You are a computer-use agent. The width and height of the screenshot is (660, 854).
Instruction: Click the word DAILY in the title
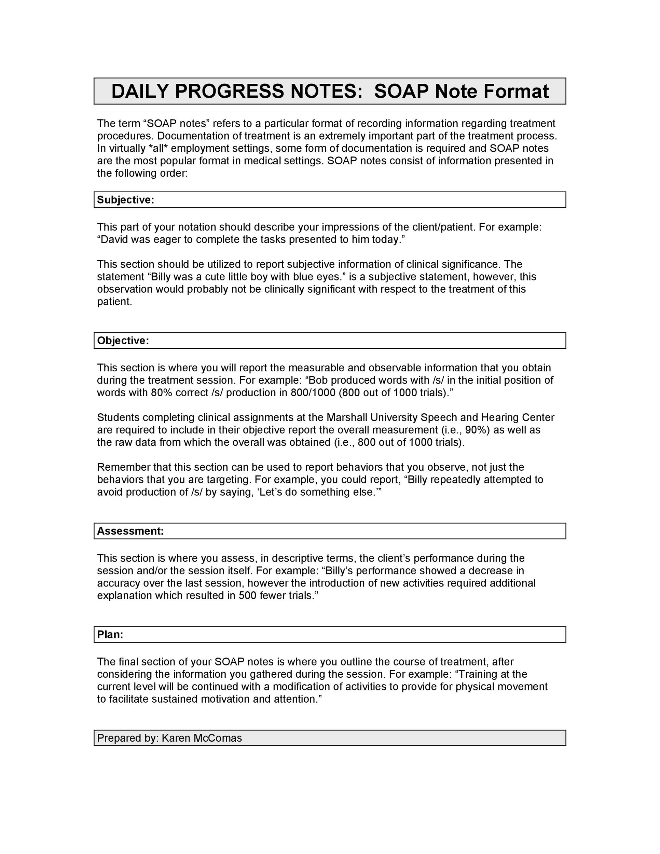click(140, 92)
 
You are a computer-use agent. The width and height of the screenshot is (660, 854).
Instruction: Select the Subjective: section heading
click(125, 200)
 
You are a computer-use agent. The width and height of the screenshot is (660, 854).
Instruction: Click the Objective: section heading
click(123, 341)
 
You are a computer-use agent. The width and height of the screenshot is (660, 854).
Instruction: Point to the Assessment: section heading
click(130, 531)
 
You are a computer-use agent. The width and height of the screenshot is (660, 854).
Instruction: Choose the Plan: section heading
click(110, 635)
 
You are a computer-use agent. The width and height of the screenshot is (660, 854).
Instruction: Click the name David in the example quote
click(114, 239)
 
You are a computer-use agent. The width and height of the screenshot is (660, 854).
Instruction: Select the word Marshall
click(347, 418)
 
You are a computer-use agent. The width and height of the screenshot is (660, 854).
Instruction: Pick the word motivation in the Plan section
click(225, 699)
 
